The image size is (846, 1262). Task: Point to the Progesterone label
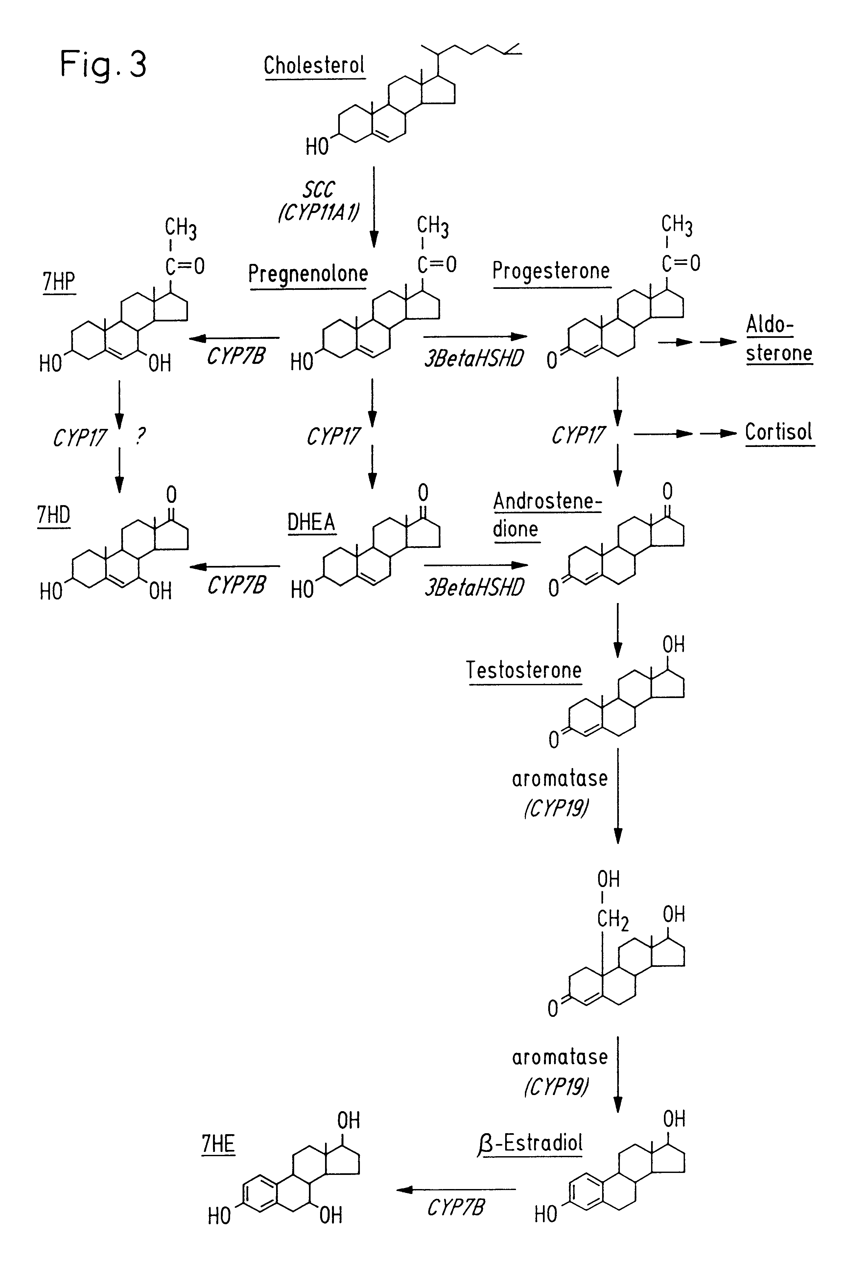[551, 271]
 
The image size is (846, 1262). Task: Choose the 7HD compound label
[54, 515]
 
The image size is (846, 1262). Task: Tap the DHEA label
[311, 522]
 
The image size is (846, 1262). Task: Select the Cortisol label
[779, 432]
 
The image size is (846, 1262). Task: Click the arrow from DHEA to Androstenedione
[475, 566]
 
